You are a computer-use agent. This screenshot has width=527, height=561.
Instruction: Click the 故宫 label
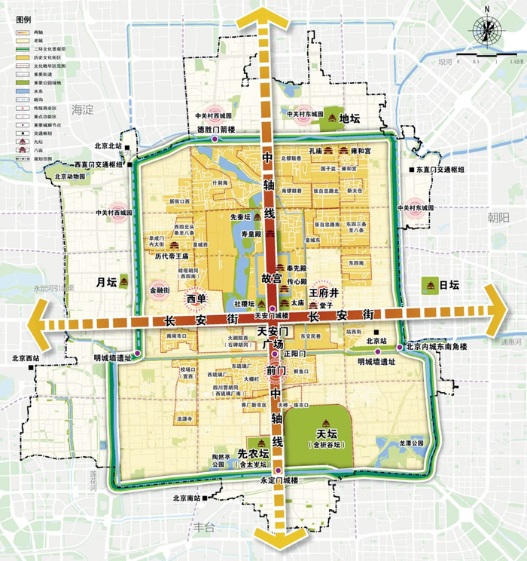270,277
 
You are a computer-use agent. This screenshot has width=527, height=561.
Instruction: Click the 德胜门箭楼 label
216,130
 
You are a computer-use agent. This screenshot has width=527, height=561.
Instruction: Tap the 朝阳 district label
498,218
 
